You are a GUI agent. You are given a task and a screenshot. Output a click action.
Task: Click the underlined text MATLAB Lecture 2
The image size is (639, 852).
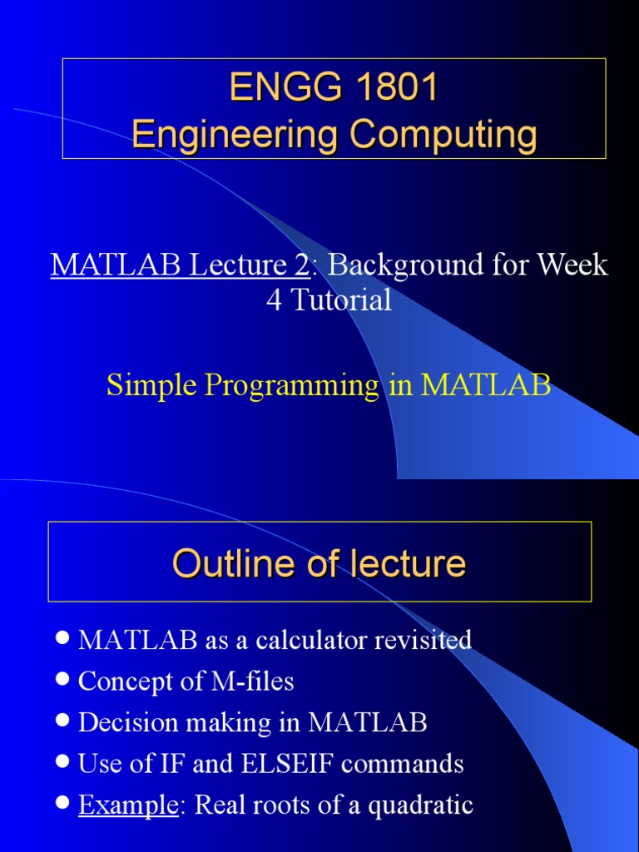click(x=180, y=265)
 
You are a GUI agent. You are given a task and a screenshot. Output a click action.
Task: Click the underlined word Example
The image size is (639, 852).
click(x=127, y=805)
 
